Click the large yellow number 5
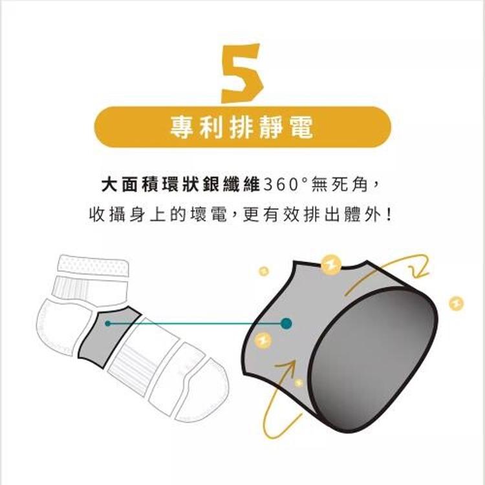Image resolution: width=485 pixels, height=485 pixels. click(241, 72)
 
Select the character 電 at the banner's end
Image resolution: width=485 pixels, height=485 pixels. click(301, 127)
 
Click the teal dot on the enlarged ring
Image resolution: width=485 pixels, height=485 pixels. click(286, 322)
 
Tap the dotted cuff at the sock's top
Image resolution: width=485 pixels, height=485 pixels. click(93, 265)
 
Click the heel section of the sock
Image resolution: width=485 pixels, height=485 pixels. click(55, 323)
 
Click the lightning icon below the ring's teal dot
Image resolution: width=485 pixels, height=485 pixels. click(264, 340)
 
